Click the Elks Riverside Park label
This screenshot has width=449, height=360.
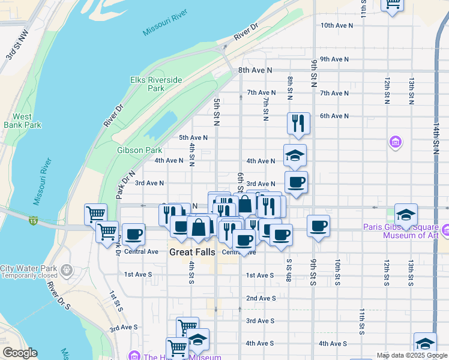click(148, 84)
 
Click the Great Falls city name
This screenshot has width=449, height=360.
click(191, 252)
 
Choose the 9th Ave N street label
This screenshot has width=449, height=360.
click(334, 59)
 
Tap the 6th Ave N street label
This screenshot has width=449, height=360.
click(334, 116)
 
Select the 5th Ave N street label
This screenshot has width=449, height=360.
click(193, 137)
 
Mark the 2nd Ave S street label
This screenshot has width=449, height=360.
click(261, 298)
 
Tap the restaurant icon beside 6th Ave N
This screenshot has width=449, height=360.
click(298, 123)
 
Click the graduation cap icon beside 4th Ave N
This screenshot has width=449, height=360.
click(295, 155)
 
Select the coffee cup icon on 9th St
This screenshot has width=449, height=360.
click(318, 226)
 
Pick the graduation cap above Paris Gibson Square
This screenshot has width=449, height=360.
click(406, 215)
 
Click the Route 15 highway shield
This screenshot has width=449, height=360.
click(34, 221)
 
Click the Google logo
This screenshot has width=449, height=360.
click(19, 353)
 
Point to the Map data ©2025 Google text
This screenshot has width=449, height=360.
click(411, 355)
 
